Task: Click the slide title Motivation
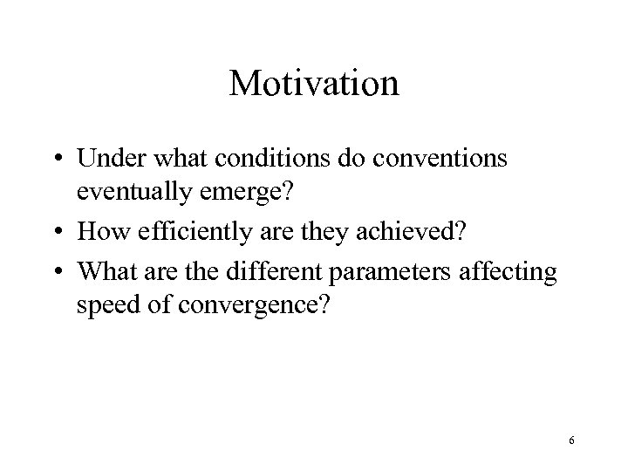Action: [x=314, y=84]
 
